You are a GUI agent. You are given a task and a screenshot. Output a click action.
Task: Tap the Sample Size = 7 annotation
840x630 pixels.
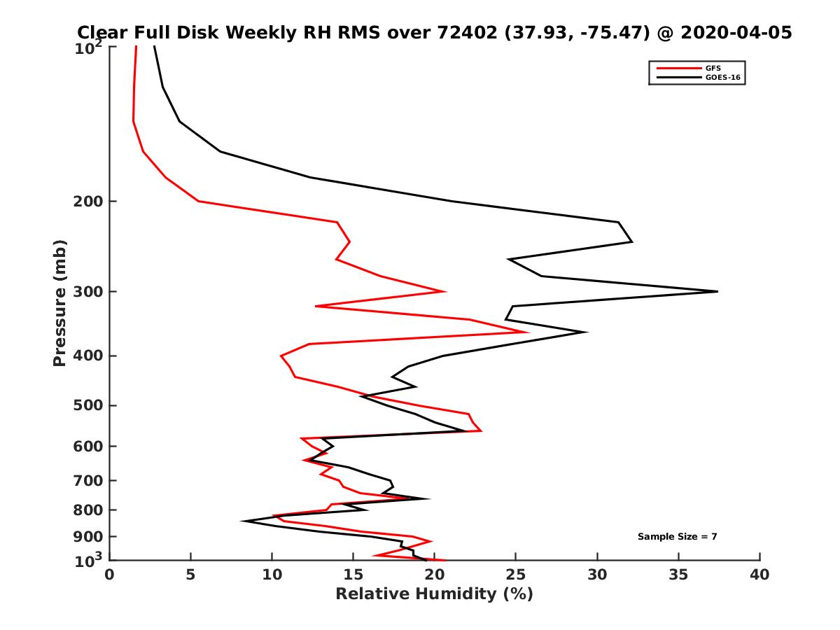(x=677, y=536)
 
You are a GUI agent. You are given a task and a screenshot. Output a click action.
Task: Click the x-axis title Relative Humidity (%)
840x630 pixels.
(x=434, y=594)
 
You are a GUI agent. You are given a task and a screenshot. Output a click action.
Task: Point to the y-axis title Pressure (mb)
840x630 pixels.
(x=59, y=302)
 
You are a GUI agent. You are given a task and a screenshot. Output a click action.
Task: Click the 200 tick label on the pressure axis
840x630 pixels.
(x=87, y=202)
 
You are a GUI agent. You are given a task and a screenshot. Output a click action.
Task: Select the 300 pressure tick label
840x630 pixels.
(x=87, y=291)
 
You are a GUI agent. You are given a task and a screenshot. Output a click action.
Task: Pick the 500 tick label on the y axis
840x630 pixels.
(x=87, y=405)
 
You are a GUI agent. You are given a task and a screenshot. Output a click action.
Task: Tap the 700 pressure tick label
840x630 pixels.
(x=87, y=480)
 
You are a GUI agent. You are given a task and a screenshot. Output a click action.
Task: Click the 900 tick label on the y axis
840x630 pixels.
(x=87, y=537)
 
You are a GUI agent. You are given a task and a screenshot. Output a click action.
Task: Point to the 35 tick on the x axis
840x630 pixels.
(x=678, y=575)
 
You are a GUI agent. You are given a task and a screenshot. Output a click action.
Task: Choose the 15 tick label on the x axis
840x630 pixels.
(x=353, y=575)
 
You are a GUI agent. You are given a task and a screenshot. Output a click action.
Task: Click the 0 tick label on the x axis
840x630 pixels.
(x=110, y=575)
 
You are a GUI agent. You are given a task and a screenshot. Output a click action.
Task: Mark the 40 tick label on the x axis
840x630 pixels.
(x=759, y=575)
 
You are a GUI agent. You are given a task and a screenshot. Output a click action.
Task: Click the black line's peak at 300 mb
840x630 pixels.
(x=717, y=291)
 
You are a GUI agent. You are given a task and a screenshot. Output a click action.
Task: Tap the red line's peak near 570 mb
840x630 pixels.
(x=481, y=430)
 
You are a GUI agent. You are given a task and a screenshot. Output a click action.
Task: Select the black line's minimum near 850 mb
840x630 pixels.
(x=242, y=521)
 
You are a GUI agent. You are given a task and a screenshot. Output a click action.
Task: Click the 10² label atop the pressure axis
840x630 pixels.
(x=87, y=48)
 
